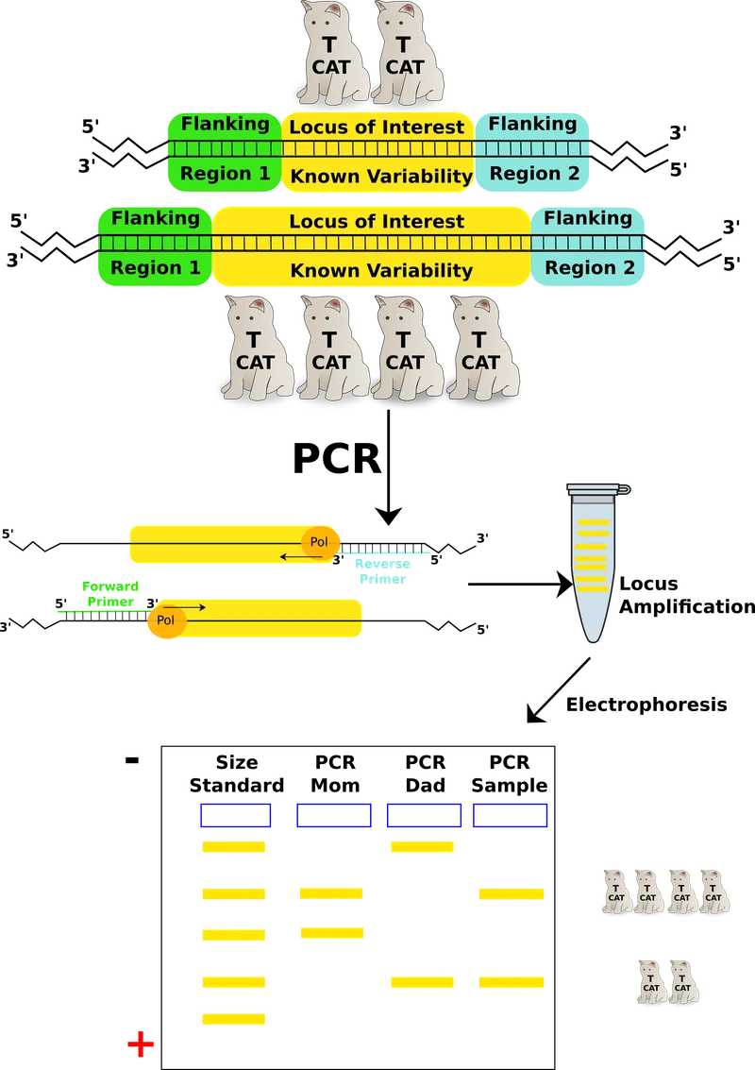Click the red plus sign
[140, 1045]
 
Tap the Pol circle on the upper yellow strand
[320, 542]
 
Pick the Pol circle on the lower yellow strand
[166, 620]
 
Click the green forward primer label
[110, 593]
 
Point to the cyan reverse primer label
[382, 572]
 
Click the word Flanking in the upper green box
[225, 124]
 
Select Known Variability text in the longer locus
[381, 270]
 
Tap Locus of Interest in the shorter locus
[377, 127]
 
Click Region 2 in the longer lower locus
[590, 268]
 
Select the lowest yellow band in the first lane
[234, 1018]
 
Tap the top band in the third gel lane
[423, 847]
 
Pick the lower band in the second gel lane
[331, 933]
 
